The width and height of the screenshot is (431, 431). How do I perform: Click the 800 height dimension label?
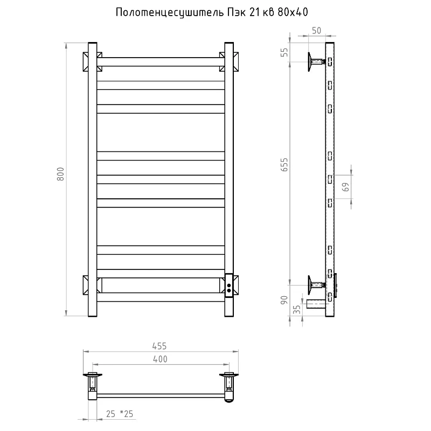(x=60, y=174)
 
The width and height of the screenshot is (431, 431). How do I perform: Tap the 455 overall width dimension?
(x=159, y=346)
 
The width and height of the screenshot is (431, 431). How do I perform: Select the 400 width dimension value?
(x=160, y=359)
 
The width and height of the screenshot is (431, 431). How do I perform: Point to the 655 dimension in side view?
(x=284, y=165)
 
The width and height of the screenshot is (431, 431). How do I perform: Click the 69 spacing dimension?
(x=346, y=187)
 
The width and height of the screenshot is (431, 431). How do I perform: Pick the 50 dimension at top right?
(x=316, y=31)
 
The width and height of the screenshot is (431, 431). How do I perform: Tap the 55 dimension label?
(x=284, y=52)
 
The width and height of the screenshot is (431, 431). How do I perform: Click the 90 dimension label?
(x=284, y=300)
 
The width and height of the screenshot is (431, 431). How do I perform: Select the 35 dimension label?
(x=297, y=309)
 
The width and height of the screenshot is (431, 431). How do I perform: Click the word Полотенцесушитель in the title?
(x=170, y=12)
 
